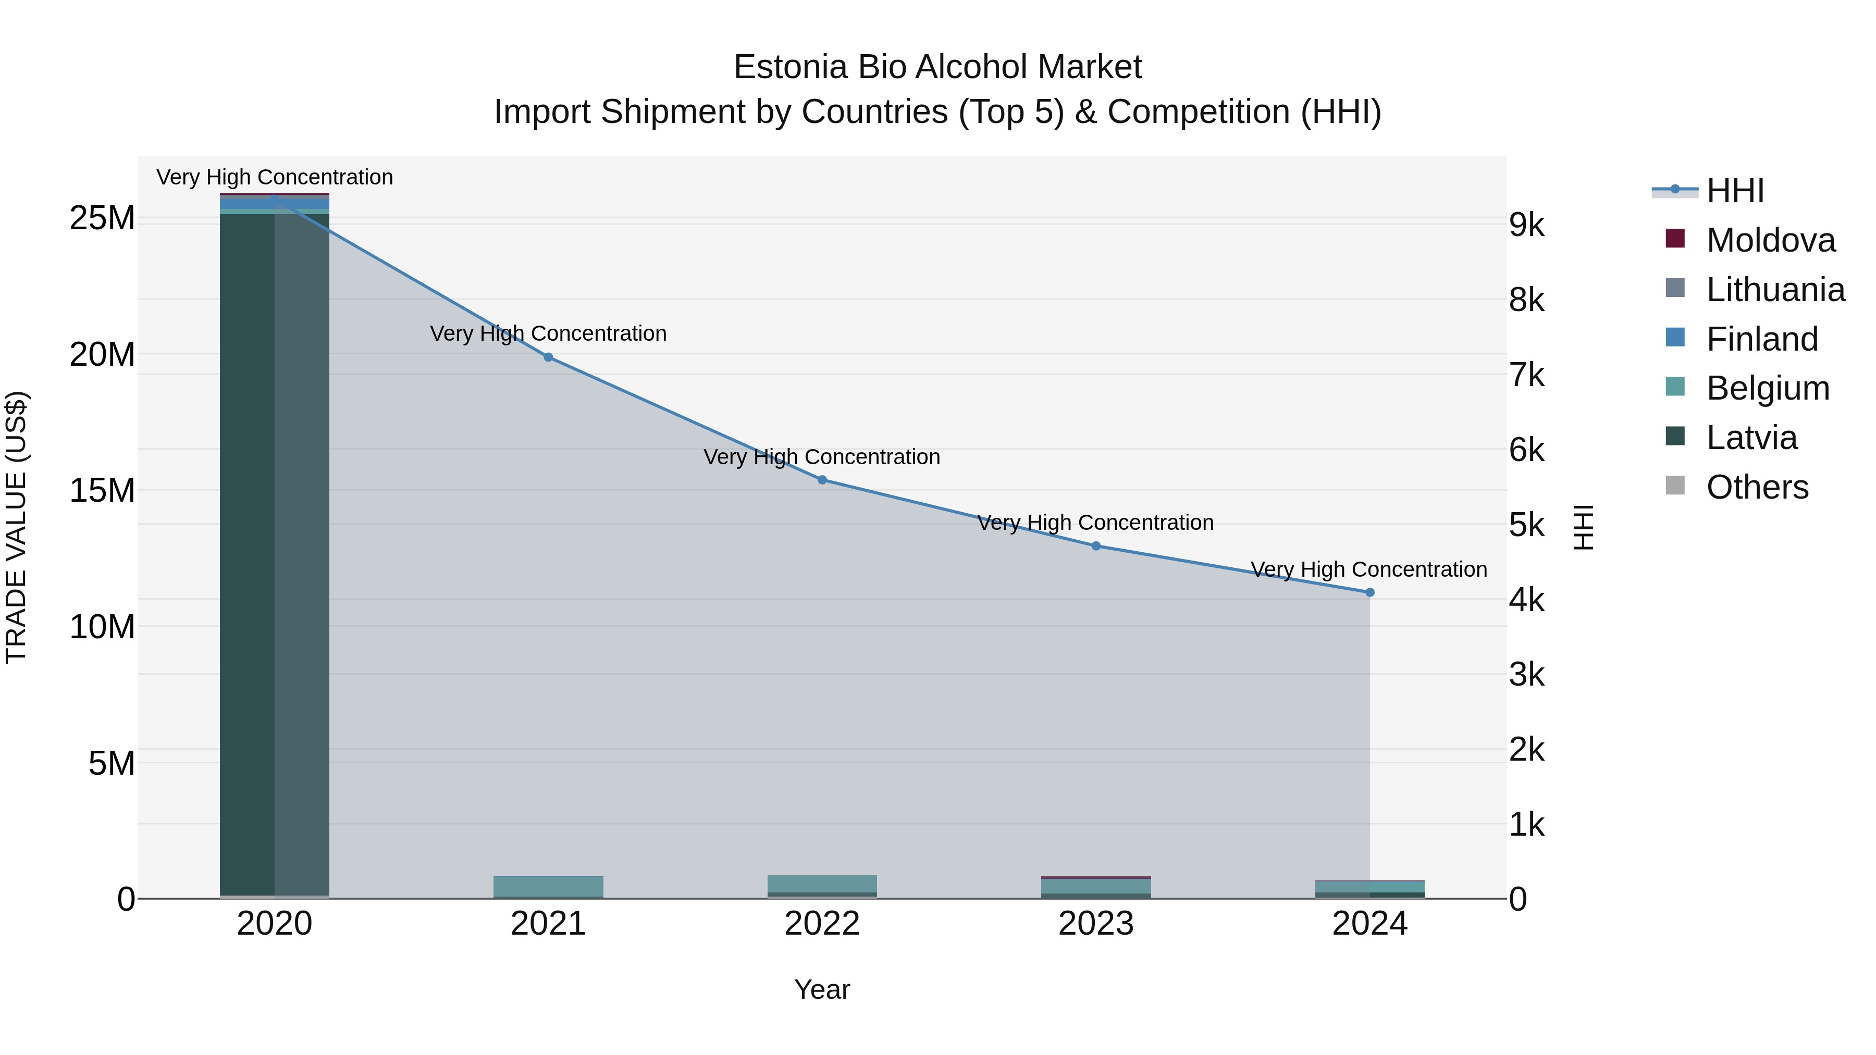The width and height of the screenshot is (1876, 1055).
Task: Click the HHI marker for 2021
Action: point(548,357)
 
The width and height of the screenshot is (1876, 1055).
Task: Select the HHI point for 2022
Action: point(822,480)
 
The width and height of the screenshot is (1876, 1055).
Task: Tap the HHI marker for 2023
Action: point(1096,546)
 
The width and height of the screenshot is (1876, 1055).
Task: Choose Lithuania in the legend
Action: point(1775,290)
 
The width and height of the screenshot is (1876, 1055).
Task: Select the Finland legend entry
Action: point(1762,339)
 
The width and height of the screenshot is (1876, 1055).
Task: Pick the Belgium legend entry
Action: point(1768,388)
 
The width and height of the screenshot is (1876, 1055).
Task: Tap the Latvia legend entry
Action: point(1751,438)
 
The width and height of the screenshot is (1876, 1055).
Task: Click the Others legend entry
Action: point(1757,487)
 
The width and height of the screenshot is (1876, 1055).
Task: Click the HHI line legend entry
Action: point(1735,191)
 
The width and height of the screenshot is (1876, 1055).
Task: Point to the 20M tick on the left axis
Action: point(102,355)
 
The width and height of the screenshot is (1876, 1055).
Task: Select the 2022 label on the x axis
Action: point(822,924)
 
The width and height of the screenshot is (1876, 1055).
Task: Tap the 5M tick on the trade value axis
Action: point(112,763)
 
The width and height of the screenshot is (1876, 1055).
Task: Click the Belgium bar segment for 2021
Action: point(548,886)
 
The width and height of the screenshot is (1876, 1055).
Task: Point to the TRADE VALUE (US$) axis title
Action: point(16,527)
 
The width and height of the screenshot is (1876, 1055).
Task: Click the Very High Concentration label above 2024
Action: point(1369,569)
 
